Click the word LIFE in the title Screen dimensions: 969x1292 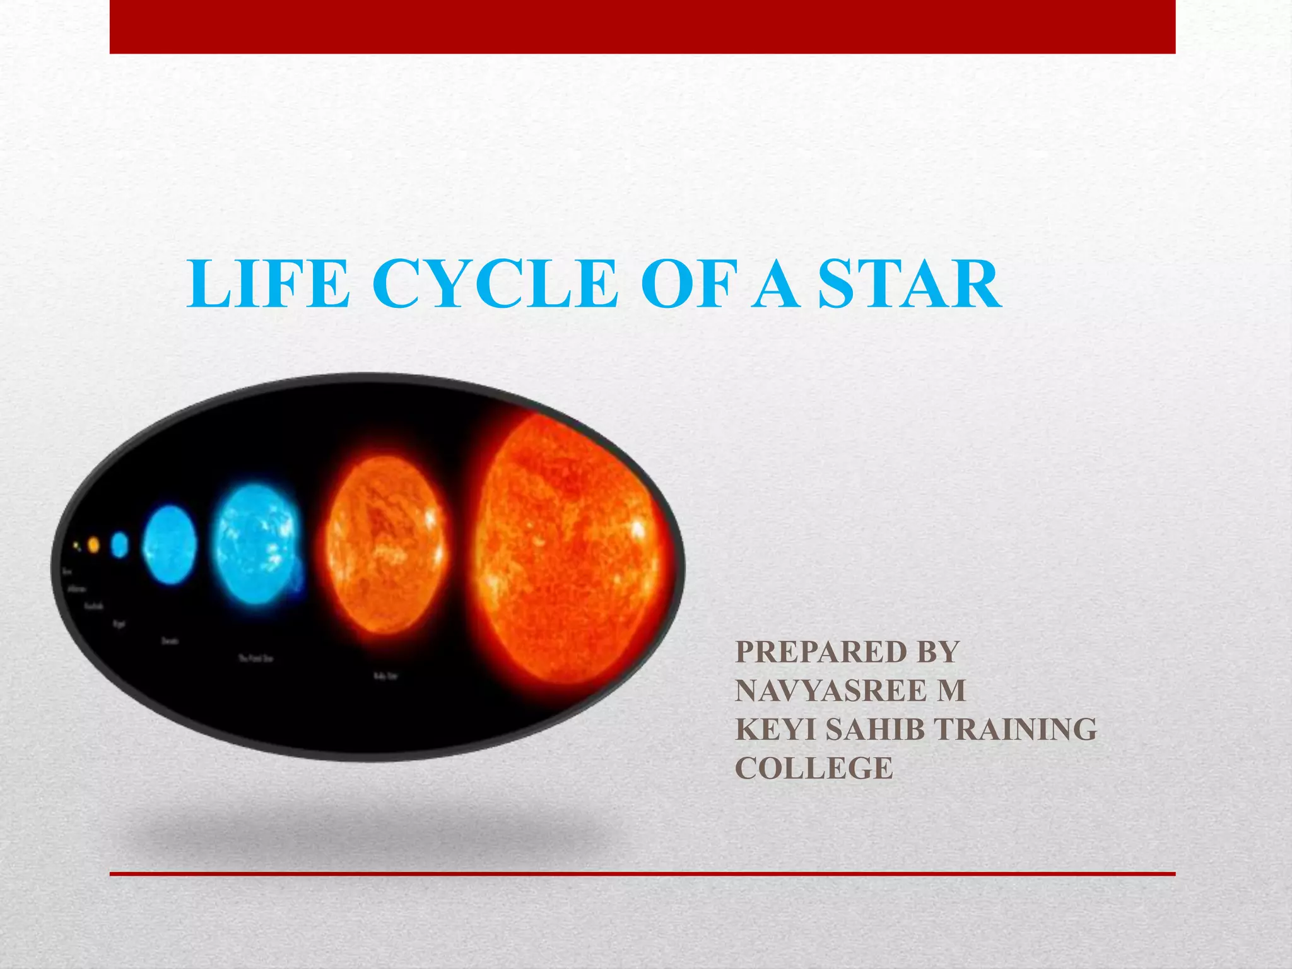(x=268, y=285)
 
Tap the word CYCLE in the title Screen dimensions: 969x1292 (x=498, y=285)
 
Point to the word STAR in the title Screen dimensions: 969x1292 (x=908, y=285)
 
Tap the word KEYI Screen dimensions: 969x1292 (x=775, y=730)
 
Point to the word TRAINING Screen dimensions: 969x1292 (x=1015, y=730)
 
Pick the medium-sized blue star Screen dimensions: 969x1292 (x=170, y=544)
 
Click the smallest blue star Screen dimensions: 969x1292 (x=120, y=544)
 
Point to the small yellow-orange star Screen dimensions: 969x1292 (x=94, y=544)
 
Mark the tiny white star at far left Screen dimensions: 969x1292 (x=76, y=545)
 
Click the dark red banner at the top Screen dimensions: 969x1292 (x=642, y=26)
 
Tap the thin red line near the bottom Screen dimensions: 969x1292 (x=642, y=874)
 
